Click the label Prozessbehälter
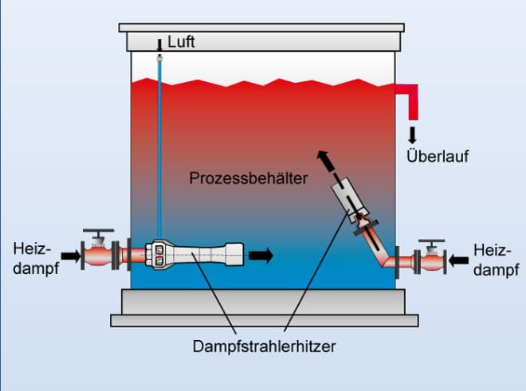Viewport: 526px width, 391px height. coord(249,178)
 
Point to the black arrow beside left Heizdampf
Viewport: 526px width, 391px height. coord(71,256)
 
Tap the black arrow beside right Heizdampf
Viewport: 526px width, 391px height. coord(459,259)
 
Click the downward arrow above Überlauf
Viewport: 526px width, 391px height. coord(412,132)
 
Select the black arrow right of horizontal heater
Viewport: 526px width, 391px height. coord(261,256)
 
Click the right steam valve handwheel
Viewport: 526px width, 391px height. coord(432,241)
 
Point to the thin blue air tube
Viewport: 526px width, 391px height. coord(159,151)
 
